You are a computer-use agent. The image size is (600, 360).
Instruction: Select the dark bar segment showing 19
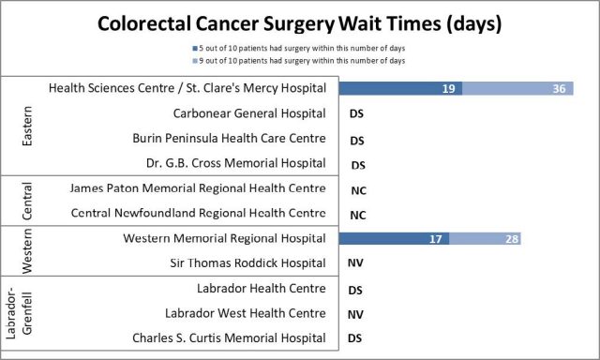[401, 88]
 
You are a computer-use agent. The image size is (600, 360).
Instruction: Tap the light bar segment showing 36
[518, 88]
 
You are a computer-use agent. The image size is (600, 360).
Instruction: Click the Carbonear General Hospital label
[249, 113]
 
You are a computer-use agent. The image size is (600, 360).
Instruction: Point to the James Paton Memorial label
[198, 188]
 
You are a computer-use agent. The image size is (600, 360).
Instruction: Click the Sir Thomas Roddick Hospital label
[247, 263]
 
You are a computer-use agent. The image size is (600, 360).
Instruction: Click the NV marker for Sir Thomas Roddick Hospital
[356, 264]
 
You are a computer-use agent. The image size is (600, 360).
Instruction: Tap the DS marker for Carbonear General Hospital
[356, 114]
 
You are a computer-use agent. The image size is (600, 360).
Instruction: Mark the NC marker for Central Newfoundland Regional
[356, 215]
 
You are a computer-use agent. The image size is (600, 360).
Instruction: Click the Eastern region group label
[25, 126]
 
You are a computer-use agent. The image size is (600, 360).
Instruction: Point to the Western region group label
[25, 251]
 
